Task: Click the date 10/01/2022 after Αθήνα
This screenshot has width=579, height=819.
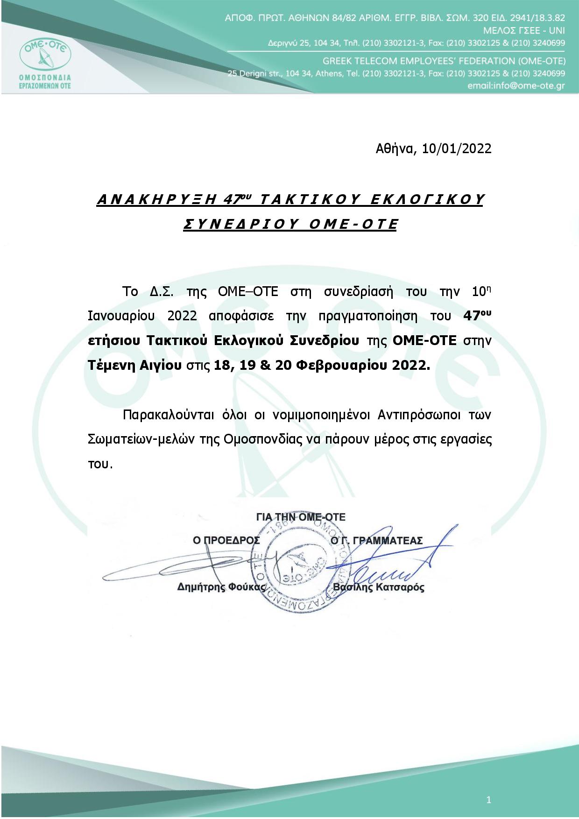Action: tap(457, 148)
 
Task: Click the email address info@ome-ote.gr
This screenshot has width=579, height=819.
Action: tap(516, 86)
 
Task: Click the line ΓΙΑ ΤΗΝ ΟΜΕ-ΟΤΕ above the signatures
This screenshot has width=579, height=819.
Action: tap(301, 517)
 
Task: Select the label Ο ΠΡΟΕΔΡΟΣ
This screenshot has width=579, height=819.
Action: tap(226, 541)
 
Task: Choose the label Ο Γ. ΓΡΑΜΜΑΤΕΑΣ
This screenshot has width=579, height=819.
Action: tap(376, 541)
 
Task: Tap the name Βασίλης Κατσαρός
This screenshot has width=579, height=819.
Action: tap(379, 587)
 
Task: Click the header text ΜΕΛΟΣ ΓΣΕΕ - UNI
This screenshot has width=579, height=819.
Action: tap(524, 31)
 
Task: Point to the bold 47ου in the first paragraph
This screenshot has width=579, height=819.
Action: tap(477, 315)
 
